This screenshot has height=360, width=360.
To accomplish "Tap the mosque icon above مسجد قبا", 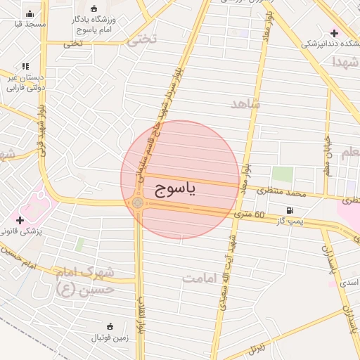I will point(29,13).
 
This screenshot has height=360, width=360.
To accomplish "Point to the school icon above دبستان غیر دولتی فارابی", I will point(26,66).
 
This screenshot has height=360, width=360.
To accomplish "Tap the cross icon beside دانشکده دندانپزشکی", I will point(335,33).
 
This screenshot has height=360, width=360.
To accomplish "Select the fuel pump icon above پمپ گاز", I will point(289,211).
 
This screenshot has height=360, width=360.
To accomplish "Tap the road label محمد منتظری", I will point(282,191).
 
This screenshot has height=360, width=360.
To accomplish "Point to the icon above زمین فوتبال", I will point(110,326).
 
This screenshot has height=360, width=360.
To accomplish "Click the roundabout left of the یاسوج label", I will point(137,203).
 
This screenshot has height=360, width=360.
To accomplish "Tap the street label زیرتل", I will point(256,347).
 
